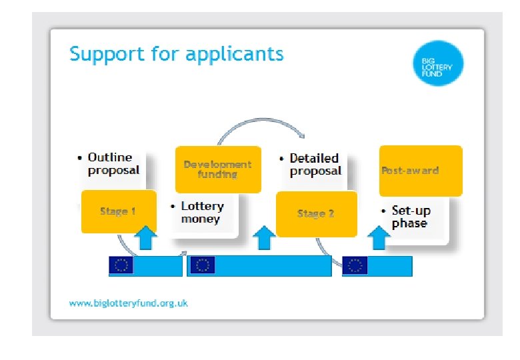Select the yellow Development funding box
coord(218,169)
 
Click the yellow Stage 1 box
coord(119,211)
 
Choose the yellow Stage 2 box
coord(316,214)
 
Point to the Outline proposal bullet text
coord(114,164)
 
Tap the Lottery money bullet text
coord(202,213)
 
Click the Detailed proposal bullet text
coord(315,165)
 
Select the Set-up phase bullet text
coord(411,217)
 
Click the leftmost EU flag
coord(121,265)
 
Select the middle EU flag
coord(203,265)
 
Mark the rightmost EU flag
coord(355,265)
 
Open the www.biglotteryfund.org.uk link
coord(129,303)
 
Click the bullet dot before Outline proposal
coord(80,159)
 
